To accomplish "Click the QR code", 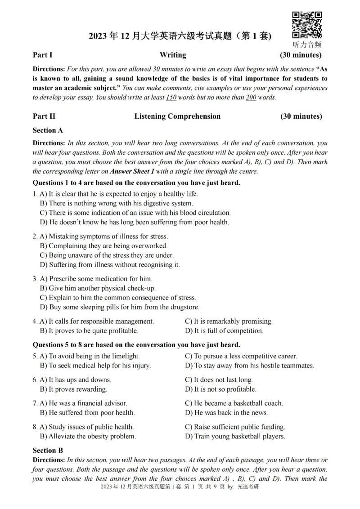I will [x=307, y=25].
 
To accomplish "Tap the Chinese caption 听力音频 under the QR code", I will [x=307, y=45].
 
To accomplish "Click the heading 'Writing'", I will [x=173, y=55].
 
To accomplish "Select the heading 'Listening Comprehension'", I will [x=177, y=116].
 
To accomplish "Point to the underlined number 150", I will [x=171, y=98].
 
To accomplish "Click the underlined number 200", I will [x=251, y=98].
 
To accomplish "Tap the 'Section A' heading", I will [x=48, y=130].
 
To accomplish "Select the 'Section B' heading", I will [x=48, y=450].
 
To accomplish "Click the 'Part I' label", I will [x=43, y=55].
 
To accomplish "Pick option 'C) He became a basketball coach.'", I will [x=234, y=403].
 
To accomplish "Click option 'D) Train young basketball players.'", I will [x=235, y=436].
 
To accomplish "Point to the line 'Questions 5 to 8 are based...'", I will [x=136, y=345].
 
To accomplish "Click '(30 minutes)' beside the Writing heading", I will [x=301, y=55].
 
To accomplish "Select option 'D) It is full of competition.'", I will [x=224, y=331].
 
